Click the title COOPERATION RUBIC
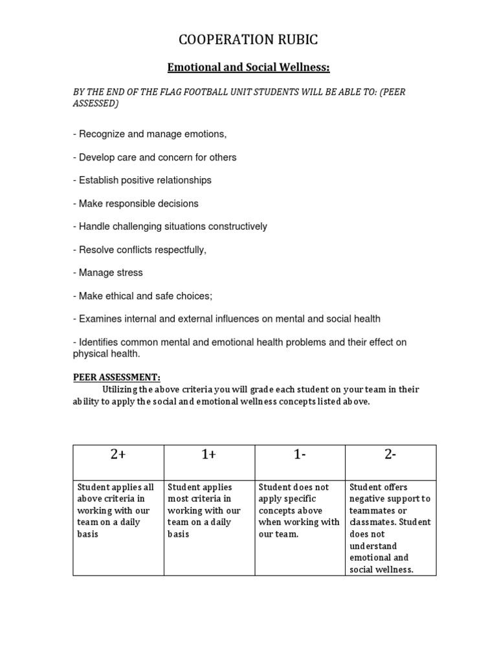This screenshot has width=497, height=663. point(248,40)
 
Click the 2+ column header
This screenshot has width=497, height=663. point(118,455)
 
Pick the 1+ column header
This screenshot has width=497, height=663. point(209,455)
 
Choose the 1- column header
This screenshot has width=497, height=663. point(300,455)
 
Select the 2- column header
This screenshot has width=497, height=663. point(390,455)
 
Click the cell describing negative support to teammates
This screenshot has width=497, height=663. point(390,528)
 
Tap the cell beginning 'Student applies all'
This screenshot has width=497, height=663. point(118,510)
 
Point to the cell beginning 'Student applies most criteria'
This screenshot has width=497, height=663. point(209,510)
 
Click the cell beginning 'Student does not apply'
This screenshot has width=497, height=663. point(300,510)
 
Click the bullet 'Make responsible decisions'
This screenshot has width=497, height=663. point(135,203)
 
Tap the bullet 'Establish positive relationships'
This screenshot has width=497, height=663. point(142,180)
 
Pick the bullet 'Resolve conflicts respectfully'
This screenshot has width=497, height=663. point(139,249)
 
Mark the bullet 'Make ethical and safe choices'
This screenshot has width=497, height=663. point(142,296)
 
